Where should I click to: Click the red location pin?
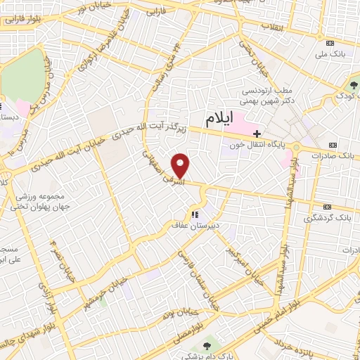pyautogui.click(x=181, y=165)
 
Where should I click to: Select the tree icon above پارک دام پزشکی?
pyautogui.click(x=207, y=346)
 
